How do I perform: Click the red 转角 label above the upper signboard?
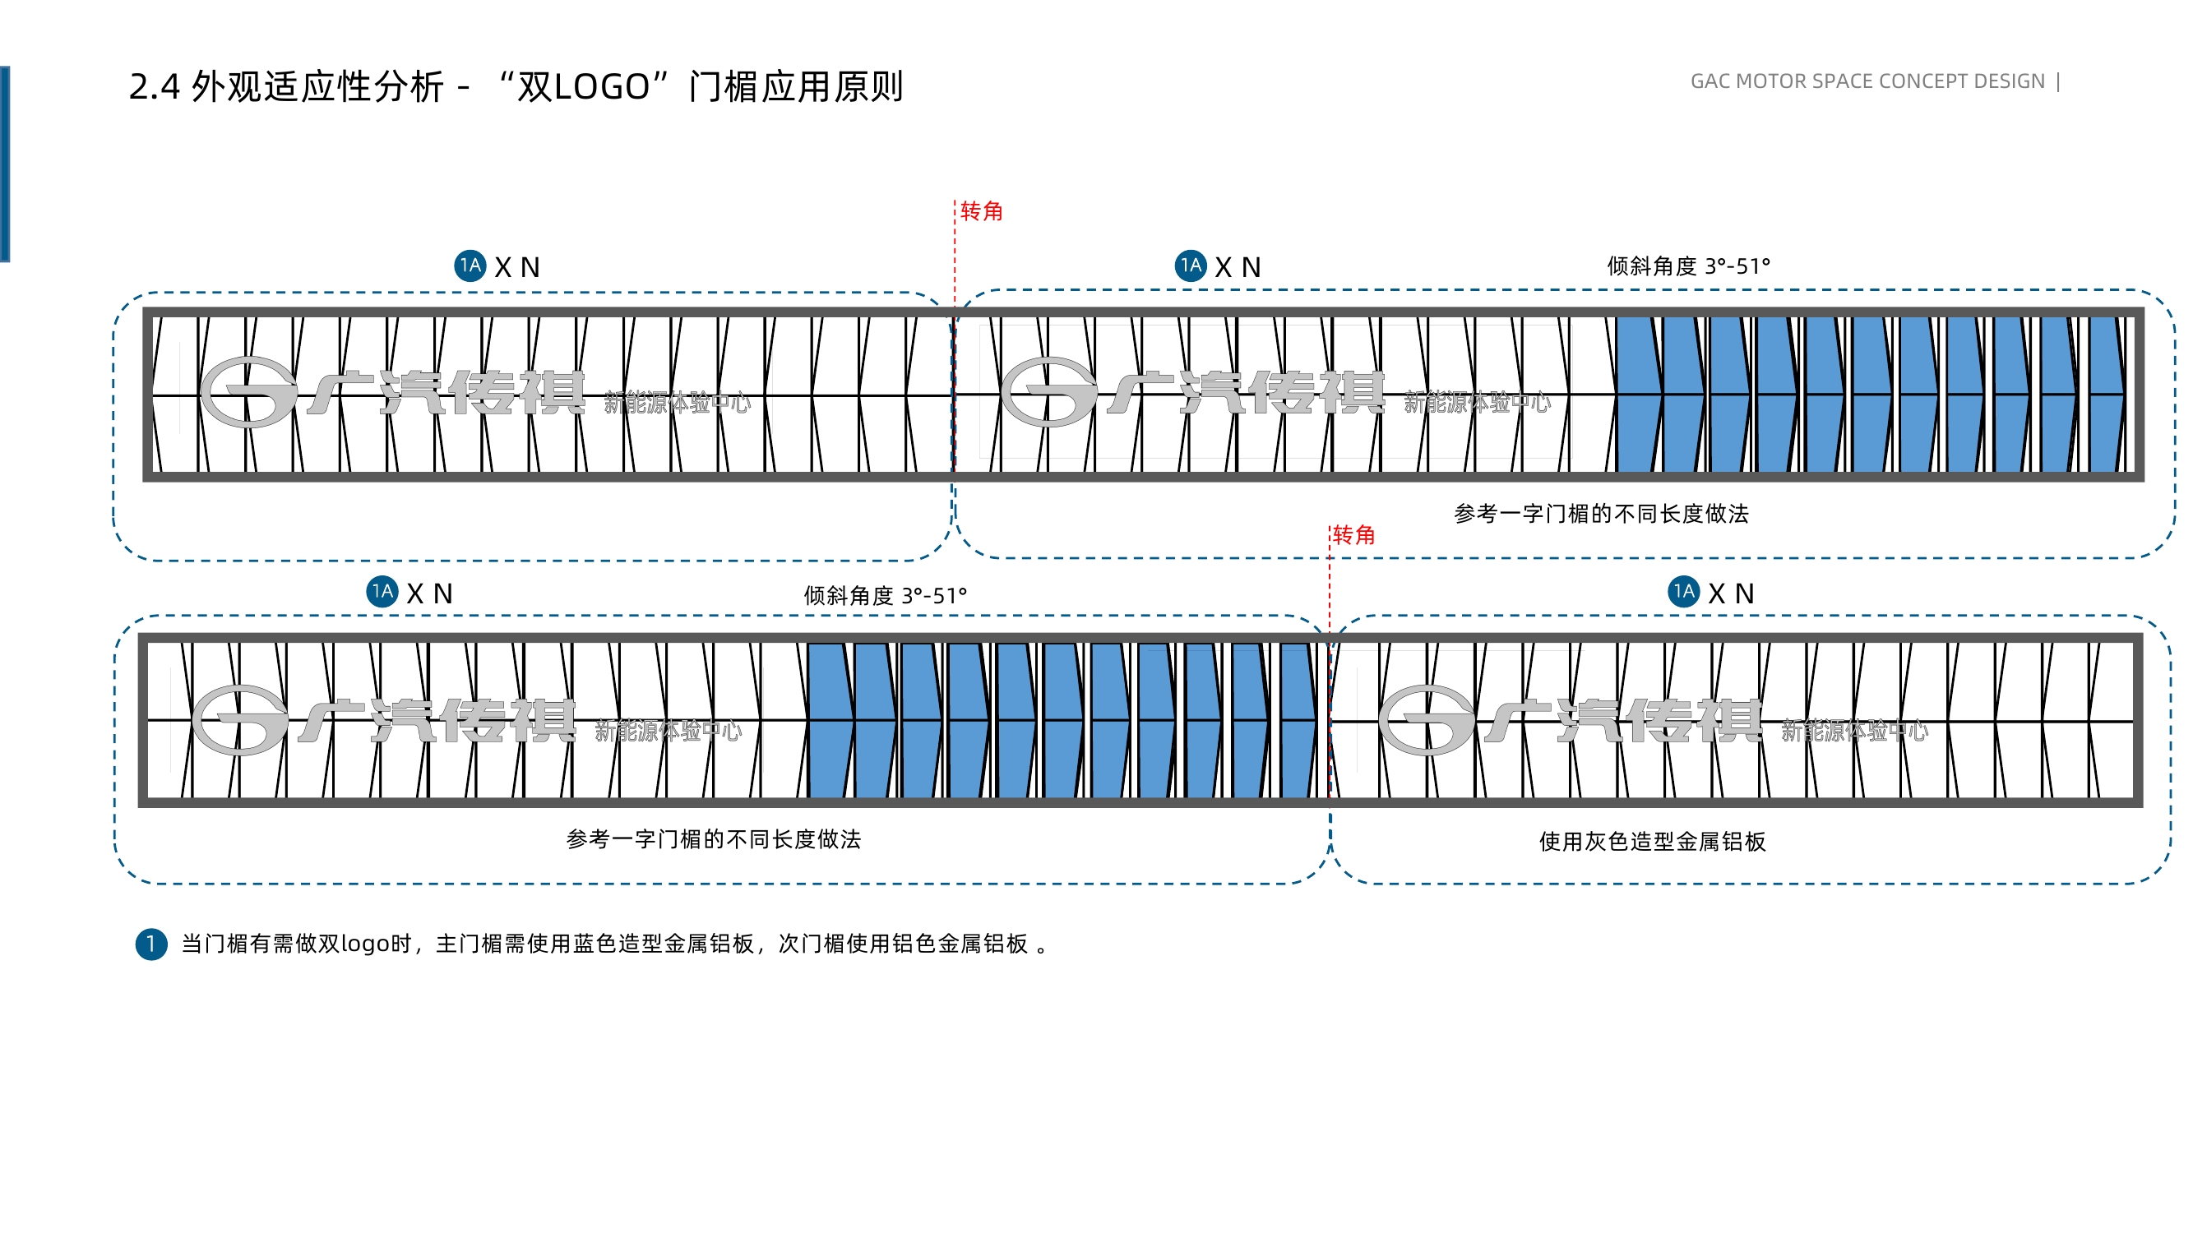pos(982,211)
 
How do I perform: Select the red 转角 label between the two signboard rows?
pos(1353,535)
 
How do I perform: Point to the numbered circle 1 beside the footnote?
pos(151,944)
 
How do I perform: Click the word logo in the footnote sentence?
pos(364,944)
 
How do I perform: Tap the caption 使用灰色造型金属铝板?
pos(1653,842)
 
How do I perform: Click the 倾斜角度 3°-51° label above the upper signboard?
pos(1688,266)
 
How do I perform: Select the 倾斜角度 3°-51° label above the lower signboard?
pos(886,596)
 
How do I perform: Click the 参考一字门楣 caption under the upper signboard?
pos(1601,514)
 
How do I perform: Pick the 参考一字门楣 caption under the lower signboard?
pos(714,840)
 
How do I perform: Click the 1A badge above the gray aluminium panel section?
pos(1683,592)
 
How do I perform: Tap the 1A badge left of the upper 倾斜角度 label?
pos(1190,266)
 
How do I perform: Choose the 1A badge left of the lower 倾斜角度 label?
pos(382,592)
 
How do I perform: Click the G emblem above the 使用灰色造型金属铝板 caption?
pos(1426,721)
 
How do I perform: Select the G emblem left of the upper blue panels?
pos(1049,392)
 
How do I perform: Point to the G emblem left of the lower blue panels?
pos(239,721)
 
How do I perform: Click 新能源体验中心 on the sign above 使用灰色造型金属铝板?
pos(1854,731)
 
